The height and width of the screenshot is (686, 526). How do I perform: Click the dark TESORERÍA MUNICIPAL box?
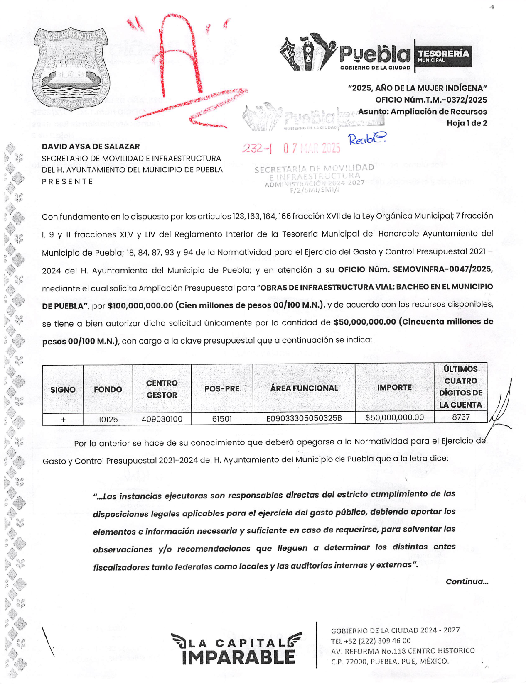point(443,56)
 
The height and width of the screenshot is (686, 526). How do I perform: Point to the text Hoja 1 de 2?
point(467,123)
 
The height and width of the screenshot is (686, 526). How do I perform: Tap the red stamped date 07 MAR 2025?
point(312,148)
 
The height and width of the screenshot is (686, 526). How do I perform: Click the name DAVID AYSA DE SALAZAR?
point(91,146)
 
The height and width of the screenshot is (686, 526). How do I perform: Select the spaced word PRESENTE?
point(67,181)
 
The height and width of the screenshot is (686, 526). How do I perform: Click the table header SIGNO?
point(63,389)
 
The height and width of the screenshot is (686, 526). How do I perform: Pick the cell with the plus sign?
point(63,419)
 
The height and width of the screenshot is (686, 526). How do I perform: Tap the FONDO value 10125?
point(108,419)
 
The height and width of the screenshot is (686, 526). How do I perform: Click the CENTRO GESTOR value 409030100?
point(162,419)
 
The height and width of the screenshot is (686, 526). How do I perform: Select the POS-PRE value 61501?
point(222,419)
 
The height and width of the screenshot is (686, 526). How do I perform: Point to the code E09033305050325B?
point(304,418)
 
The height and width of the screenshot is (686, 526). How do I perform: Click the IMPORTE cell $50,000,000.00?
point(394,417)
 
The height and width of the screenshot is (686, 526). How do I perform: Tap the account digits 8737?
point(461,417)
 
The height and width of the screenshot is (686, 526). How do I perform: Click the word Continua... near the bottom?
point(467,581)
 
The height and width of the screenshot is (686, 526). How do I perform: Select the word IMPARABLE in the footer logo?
point(238,657)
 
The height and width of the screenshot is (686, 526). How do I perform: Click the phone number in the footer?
point(371,641)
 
